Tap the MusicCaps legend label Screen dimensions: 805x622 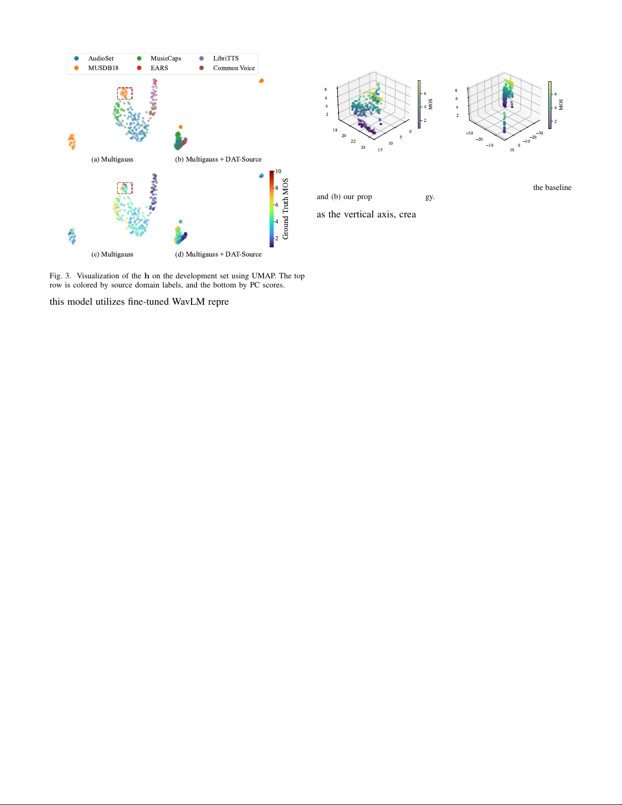point(166,58)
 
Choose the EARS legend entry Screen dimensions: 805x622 point(159,68)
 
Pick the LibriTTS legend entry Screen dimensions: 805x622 point(225,58)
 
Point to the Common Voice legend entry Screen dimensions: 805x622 point(234,68)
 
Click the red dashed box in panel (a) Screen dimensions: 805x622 point(125,93)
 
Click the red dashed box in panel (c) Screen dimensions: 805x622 point(125,188)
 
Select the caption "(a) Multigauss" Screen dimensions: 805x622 point(112,159)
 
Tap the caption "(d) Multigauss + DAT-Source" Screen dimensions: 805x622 point(218,254)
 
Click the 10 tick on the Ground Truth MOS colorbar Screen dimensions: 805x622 point(278,172)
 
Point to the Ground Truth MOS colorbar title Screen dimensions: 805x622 point(286,209)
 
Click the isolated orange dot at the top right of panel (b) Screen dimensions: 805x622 point(261,81)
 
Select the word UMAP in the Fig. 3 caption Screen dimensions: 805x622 point(263,276)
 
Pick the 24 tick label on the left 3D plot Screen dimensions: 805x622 point(363,147)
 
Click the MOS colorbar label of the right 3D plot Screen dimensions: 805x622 point(561,105)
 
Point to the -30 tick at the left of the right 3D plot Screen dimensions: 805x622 point(470,133)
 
